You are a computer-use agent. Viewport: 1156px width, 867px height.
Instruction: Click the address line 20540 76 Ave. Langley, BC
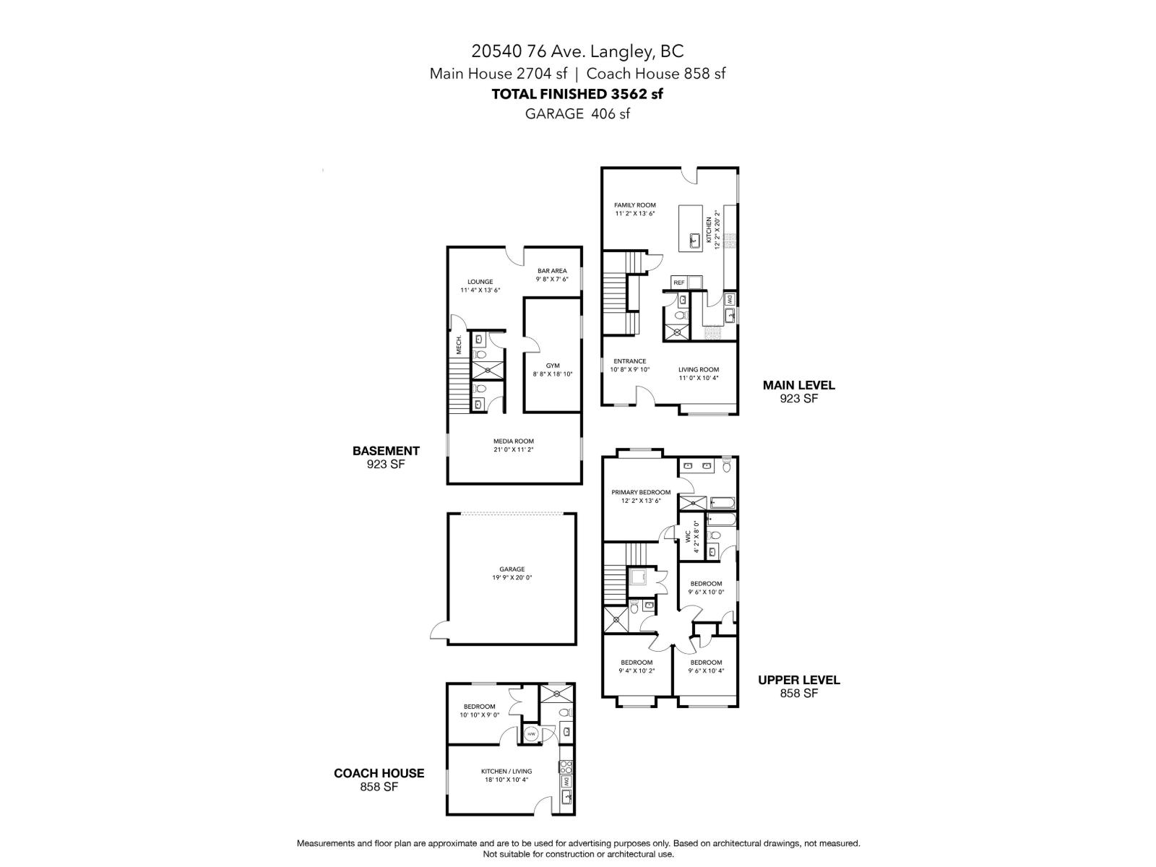click(577, 51)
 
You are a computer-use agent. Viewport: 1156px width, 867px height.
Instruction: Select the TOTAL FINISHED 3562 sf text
click(577, 93)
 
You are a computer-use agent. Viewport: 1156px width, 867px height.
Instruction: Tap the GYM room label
click(553, 366)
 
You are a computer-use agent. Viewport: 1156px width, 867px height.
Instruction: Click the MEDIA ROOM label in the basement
click(514, 441)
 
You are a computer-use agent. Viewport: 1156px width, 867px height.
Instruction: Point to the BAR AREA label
click(551, 271)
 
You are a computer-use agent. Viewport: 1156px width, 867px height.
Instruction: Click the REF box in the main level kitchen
click(679, 282)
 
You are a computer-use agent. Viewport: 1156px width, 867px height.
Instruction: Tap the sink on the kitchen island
click(695, 241)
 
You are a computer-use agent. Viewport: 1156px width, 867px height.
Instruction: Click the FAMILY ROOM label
click(634, 205)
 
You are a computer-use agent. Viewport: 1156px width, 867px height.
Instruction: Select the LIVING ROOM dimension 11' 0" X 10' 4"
click(699, 378)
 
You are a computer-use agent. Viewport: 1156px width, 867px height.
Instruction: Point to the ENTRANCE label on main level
click(629, 361)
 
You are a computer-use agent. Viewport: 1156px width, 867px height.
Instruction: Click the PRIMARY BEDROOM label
click(641, 492)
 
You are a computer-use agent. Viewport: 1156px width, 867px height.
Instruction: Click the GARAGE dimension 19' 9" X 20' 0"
click(512, 577)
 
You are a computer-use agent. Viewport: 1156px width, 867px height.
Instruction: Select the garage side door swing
click(439, 631)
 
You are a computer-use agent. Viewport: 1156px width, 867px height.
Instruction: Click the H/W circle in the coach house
click(531, 735)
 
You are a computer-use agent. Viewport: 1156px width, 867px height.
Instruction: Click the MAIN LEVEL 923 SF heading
click(798, 392)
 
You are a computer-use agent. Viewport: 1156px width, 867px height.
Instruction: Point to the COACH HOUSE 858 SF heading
click(379, 780)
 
